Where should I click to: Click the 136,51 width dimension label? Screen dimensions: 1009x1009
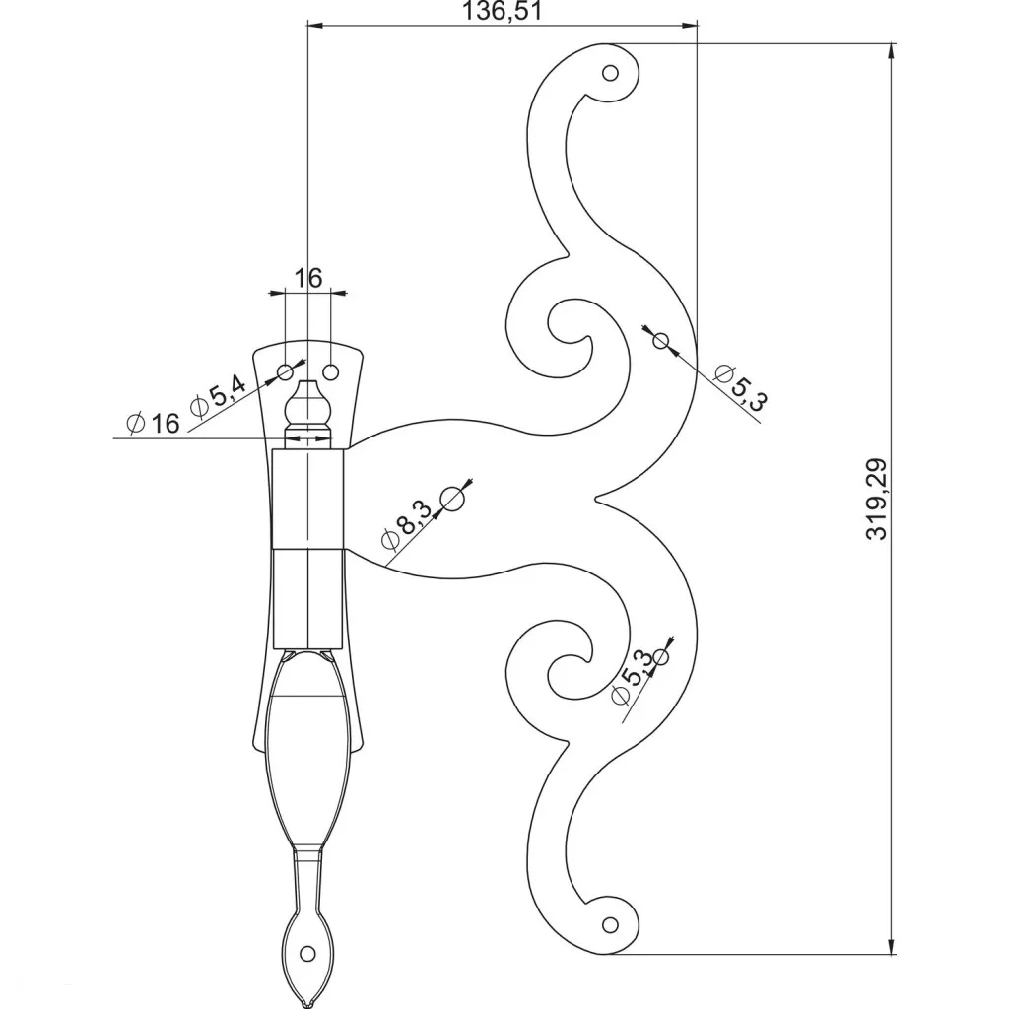(502, 11)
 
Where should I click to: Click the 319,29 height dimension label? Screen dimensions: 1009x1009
(876, 499)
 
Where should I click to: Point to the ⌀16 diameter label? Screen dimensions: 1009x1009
(153, 423)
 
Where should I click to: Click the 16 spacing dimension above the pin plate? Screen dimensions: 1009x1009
(308, 278)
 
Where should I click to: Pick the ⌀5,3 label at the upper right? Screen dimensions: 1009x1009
(741, 387)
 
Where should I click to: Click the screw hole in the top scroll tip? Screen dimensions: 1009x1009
(610, 72)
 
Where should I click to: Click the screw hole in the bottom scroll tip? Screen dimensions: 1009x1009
(610, 924)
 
